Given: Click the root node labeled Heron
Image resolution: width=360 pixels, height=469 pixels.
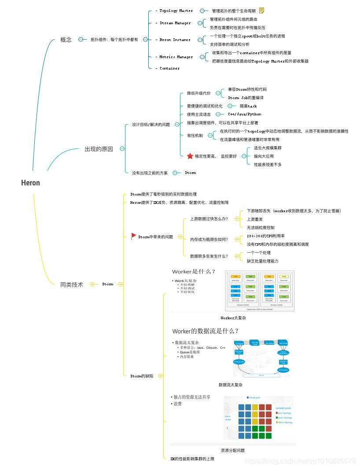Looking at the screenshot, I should [x=30, y=183].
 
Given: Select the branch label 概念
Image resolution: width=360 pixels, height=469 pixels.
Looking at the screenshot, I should [x=66, y=40].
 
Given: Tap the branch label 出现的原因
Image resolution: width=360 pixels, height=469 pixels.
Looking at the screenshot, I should [x=99, y=149].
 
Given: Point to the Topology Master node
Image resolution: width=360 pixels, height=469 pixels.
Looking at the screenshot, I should [x=176, y=11].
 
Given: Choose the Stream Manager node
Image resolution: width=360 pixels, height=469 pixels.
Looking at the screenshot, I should [x=175, y=23].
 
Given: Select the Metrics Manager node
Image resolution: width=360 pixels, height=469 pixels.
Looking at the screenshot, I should [x=176, y=57].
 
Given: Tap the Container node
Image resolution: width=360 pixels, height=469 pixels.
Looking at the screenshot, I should [x=169, y=68].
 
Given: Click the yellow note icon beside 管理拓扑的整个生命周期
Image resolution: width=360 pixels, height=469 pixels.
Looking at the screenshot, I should [x=262, y=11].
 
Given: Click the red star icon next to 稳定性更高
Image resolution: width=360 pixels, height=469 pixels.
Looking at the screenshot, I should [x=190, y=156].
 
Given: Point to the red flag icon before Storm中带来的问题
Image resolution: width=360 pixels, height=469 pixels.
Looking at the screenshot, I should [x=134, y=236].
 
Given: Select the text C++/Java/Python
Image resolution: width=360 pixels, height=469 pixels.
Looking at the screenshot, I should [x=244, y=114].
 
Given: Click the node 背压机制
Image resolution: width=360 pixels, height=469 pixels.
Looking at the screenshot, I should [x=195, y=136].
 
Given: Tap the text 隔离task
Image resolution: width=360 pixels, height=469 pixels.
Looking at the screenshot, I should [x=248, y=106].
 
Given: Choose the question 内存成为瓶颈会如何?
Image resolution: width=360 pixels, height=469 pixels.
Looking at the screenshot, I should [x=209, y=240].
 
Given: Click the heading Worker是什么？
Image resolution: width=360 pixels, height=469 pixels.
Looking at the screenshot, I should [x=194, y=272].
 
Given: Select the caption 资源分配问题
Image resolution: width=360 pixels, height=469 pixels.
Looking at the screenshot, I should [x=232, y=451].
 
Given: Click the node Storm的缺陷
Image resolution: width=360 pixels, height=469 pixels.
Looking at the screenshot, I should [x=142, y=376].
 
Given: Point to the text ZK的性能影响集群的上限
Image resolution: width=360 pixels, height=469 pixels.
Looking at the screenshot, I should [x=192, y=459].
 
